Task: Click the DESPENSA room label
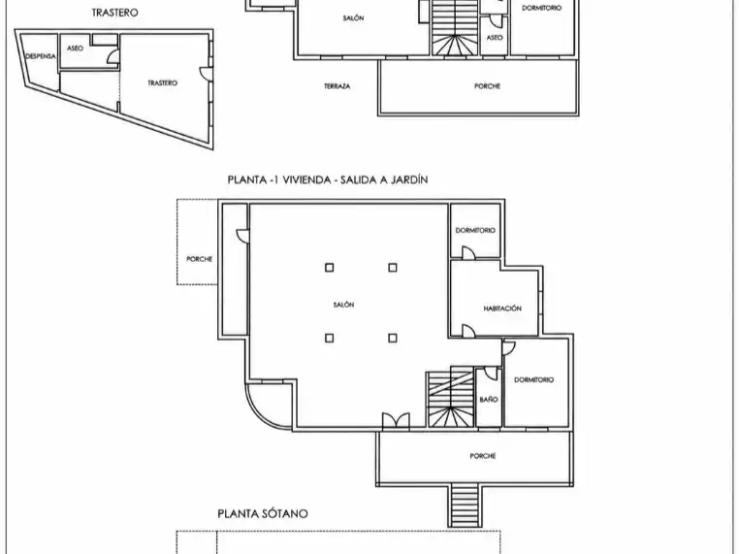(x=41, y=56)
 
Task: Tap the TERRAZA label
(x=337, y=86)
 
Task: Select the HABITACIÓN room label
(x=502, y=309)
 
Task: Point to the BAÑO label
(x=489, y=400)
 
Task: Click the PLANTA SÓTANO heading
(x=263, y=513)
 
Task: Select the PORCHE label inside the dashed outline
(x=200, y=259)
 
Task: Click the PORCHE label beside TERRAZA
(x=487, y=86)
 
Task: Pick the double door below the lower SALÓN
(x=396, y=420)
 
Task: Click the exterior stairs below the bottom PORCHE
(x=465, y=505)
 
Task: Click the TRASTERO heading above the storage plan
(x=114, y=13)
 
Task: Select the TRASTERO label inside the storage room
(x=163, y=83)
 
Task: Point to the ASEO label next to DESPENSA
(x=75, y=49)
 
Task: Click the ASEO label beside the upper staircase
(x=495, y=38)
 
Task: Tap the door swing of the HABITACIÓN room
(x=468, y=331)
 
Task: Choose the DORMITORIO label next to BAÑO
(x=534, y=380)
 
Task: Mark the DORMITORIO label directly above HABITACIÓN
(x=475, y=231)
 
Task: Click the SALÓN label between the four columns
(x=343, y=305)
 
